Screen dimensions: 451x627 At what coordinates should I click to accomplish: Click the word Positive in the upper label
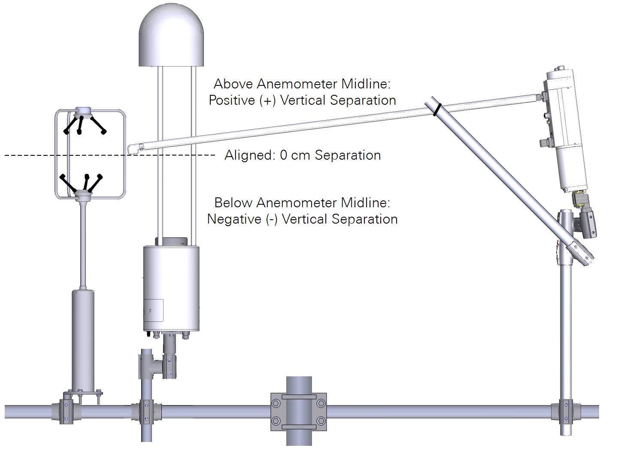pos(232,100)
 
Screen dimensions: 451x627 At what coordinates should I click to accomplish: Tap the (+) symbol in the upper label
pos(268,100)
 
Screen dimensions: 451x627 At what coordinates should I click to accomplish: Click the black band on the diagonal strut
pos(436,109)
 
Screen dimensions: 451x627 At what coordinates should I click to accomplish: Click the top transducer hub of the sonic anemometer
pos(83,112)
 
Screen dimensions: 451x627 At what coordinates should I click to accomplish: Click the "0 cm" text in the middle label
pos(296,155)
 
